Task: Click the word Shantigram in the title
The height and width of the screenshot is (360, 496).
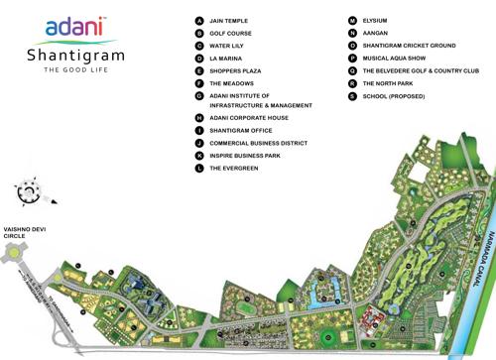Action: click(74, 57)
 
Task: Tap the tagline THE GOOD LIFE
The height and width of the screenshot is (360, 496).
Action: click(74, 71)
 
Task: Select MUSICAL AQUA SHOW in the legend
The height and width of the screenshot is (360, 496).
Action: click(397, 59)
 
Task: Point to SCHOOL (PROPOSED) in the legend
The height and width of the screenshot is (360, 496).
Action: click(398, 96)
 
